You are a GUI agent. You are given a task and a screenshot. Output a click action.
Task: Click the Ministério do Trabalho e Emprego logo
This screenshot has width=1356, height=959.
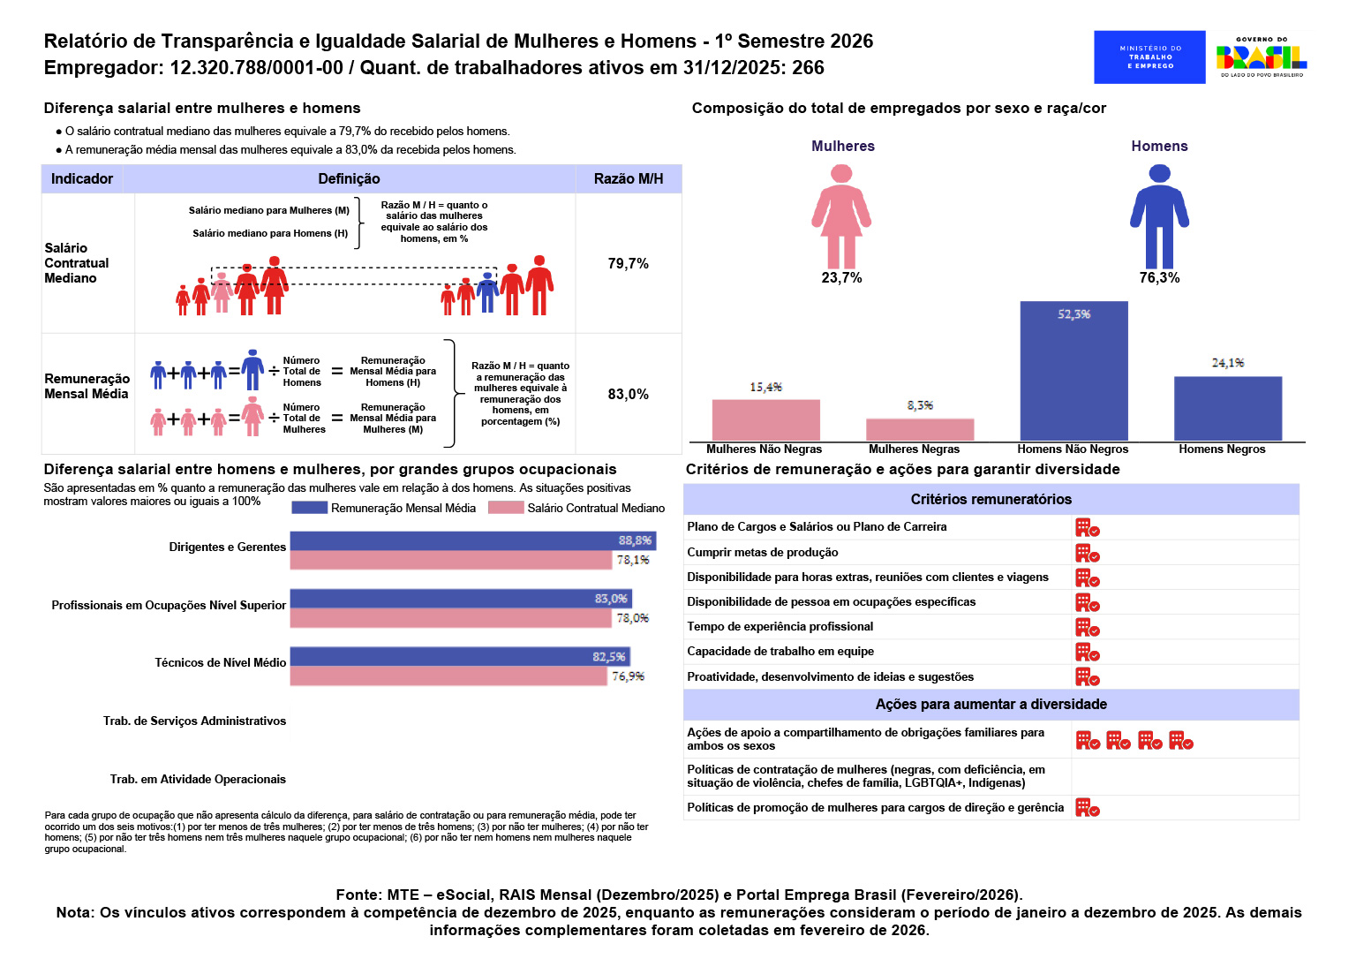pos(1149,57)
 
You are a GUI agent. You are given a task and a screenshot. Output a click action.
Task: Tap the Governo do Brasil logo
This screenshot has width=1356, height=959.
pos(1262,57)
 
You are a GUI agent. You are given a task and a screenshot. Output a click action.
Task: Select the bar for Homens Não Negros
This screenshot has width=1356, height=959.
pos(1073,371)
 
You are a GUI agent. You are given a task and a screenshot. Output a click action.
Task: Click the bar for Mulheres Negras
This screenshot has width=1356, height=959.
pos(920,429)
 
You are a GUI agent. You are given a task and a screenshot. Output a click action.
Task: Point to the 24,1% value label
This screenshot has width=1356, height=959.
pos(1228,363)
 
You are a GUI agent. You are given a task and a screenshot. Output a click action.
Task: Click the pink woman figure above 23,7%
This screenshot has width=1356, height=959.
pos(841,216)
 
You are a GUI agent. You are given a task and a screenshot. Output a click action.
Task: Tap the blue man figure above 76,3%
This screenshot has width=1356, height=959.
pos(1159,216)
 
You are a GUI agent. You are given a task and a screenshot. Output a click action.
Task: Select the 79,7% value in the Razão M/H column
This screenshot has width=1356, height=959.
pos(628,263)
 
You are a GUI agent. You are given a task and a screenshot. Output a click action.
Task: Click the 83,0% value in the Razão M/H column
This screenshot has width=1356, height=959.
pos(628,394)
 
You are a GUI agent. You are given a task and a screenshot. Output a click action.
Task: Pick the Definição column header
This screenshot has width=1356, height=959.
pos(349,178)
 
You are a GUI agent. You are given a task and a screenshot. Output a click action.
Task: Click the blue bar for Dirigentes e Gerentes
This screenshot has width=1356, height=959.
pos(473,540)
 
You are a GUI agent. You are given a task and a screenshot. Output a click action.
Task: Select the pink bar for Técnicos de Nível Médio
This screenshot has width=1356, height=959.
pos(448,676)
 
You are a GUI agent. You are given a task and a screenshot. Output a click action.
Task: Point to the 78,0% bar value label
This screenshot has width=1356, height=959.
pos(633,618)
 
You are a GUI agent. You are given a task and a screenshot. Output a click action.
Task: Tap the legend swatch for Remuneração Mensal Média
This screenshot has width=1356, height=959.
pos(309,508)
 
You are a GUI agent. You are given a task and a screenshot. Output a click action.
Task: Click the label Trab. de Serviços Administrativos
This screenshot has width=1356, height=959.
pos(194,721)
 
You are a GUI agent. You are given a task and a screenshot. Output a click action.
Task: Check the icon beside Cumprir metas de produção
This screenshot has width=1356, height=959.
pos(1088,553)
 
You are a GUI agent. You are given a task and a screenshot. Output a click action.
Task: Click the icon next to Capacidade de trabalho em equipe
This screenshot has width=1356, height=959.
pos(1088,652)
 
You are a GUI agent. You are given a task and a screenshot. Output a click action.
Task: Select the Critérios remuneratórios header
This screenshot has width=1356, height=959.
pos(991,499)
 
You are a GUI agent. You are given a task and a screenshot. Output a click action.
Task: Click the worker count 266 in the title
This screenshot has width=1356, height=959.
pos(808,67)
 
